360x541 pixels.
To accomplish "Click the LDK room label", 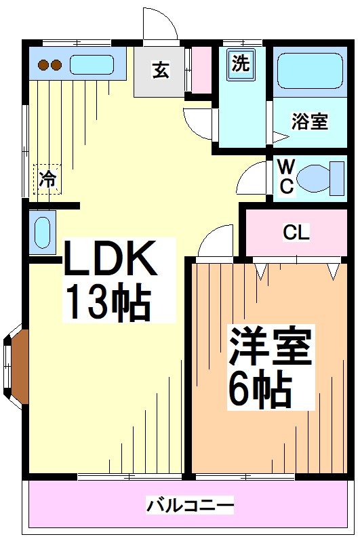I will [x=111, y=259].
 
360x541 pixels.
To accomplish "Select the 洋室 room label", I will [x=269, y=346].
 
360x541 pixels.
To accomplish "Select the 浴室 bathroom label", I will [x=310, y=122].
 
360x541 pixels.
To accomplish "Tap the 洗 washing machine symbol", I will [x=241, y=63].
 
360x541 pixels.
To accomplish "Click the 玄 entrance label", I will [x=160, y=70].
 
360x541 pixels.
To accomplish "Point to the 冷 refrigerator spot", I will [x=47, y=179].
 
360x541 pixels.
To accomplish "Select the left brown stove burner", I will [x=43, y=65].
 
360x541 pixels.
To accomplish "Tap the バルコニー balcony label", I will [x=191, y=505].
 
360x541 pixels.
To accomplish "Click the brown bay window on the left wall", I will [x=18, y=367].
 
